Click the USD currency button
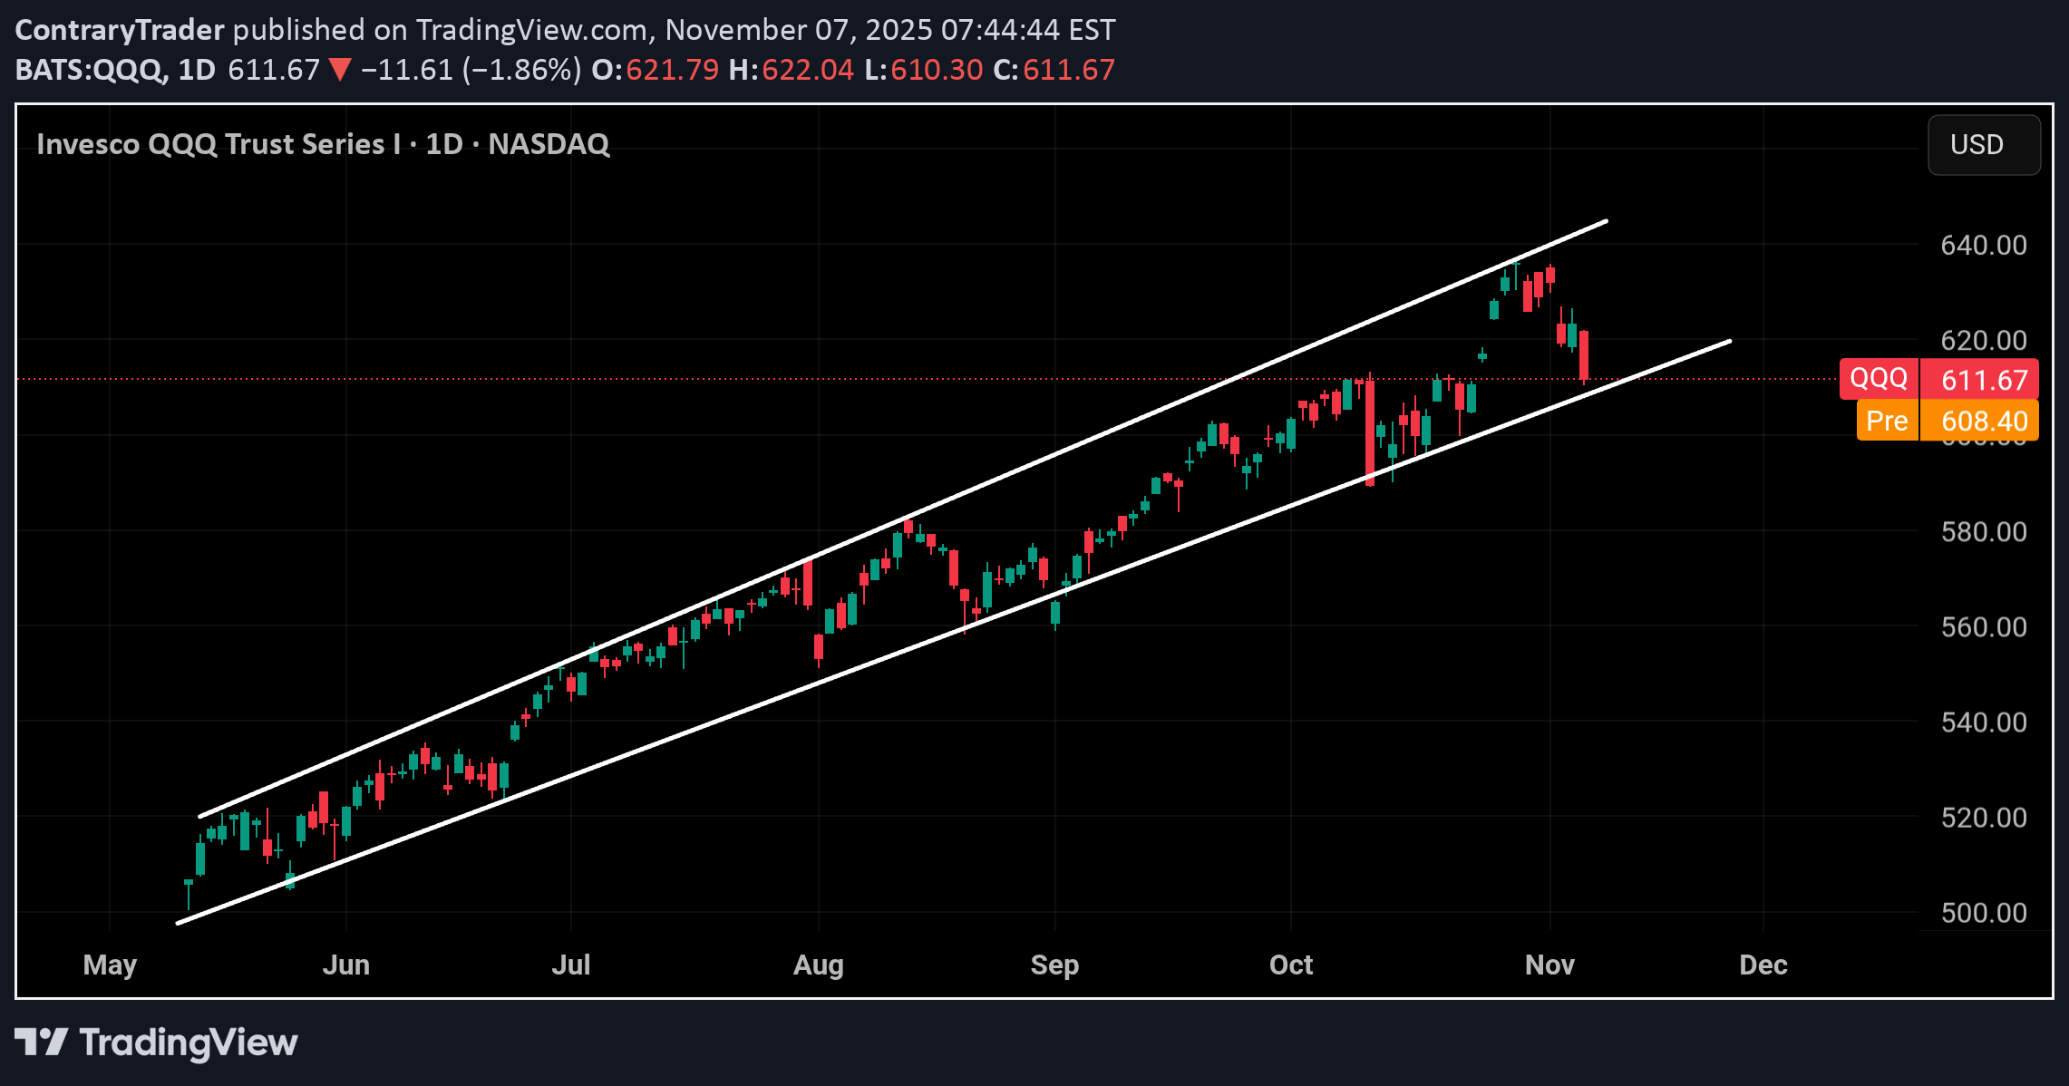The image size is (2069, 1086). (x=1983, y=145)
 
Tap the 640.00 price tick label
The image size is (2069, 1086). (x=1983, y=246)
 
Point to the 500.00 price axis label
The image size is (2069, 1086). (x=1983, y=913)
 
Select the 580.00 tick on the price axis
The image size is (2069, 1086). (x=1983, y=532)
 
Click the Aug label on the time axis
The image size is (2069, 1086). (x=818, y=965)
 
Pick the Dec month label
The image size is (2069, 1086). (x=1763, y=965)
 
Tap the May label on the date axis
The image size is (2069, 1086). (x=110, y=965)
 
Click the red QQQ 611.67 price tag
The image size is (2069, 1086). (x=1938, y=379)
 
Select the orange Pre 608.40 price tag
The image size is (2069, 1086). (x=1947, y=422)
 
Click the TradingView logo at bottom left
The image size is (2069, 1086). (x=156, y=1042)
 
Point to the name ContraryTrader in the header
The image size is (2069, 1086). (x=120, y=30)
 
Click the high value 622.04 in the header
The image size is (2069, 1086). (x=807, y=70)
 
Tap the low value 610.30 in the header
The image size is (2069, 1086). (x=936, y=70)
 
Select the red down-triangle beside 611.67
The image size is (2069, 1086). (x=340, y=70)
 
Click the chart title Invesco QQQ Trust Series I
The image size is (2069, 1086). (x=218, y=144)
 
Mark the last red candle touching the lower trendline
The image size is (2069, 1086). (x=1584, y=355)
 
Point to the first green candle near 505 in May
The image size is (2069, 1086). (x=189, y=882)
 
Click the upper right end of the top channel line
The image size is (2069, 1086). (x=1606, y=221)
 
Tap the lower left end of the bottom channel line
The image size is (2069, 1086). (x=178, y=924)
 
